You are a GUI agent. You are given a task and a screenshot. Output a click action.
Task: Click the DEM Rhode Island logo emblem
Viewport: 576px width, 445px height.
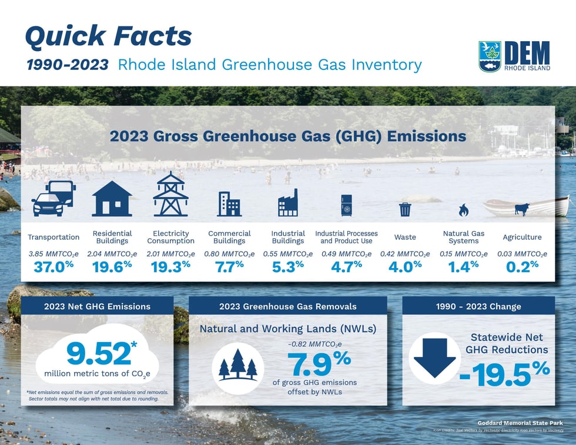click(x=490, y=56)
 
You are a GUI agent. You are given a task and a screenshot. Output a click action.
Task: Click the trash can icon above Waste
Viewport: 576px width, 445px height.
click(x=404, y=209)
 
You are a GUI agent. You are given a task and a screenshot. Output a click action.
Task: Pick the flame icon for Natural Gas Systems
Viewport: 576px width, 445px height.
click(x=463, y=210)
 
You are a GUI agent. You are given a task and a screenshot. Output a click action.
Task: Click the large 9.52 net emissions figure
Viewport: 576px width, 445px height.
click(x=99, y=353)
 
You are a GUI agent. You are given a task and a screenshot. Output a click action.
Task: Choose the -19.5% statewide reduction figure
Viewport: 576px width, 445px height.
click(x=504, y=374)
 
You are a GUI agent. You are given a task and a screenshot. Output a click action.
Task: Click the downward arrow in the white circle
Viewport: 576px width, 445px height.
click(x=434, y=358)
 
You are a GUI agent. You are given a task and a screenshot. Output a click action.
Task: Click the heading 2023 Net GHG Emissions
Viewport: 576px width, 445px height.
click(x=97, y=306)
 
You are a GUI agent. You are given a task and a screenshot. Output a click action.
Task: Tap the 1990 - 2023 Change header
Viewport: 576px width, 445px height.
click(x=478, y=306)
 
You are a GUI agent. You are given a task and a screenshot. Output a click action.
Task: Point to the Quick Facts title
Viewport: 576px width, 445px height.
click(x=108, y=36)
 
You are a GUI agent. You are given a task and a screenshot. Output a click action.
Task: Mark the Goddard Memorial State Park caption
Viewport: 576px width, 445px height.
click(x=520, y=423)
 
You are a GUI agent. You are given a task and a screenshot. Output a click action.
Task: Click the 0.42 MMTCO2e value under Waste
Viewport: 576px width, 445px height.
click(x=404, y=254)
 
